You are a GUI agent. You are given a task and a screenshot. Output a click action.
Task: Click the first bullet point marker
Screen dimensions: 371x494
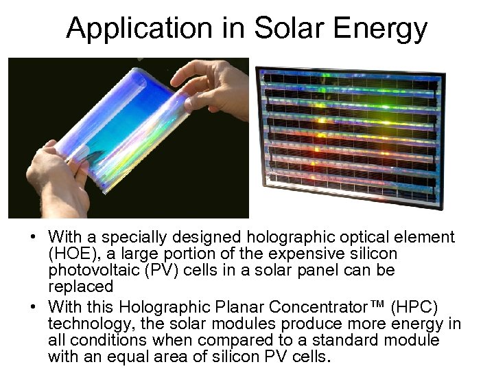coord(32,238)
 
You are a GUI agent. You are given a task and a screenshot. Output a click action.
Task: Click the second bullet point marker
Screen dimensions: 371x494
coord(32,305)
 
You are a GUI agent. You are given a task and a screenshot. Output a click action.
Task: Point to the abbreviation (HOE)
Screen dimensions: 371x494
coord(71,254)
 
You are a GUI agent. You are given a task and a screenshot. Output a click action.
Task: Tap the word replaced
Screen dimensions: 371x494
coord(80,286)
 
